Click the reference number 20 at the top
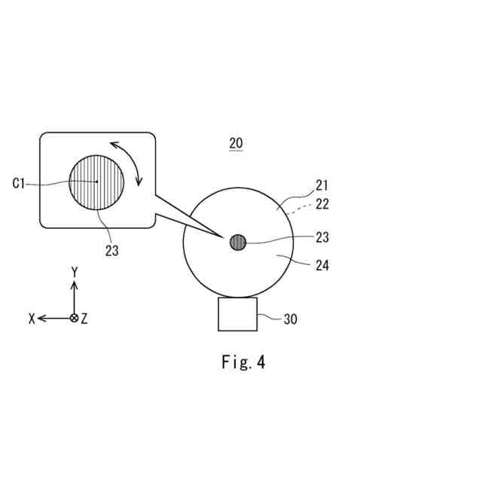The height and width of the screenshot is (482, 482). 236,143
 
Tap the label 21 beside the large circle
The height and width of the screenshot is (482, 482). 322,185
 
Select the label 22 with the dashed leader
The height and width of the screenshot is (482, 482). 322,204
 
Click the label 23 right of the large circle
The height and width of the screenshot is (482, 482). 322,237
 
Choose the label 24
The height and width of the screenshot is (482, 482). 322,265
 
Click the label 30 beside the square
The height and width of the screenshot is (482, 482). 290,319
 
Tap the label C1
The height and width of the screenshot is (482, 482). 20,183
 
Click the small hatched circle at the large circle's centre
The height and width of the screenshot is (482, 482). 238,243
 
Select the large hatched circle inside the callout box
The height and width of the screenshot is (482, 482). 96,182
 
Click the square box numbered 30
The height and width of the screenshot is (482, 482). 237,314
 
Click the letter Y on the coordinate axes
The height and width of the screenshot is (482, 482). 74,271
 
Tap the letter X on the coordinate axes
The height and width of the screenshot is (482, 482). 32,319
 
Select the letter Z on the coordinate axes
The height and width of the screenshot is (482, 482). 84,319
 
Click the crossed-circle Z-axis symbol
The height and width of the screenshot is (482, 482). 74,318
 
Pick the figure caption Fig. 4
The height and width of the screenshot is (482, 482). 243,362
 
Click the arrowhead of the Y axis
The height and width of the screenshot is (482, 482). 74,285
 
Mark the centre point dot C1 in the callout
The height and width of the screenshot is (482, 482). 97,182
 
